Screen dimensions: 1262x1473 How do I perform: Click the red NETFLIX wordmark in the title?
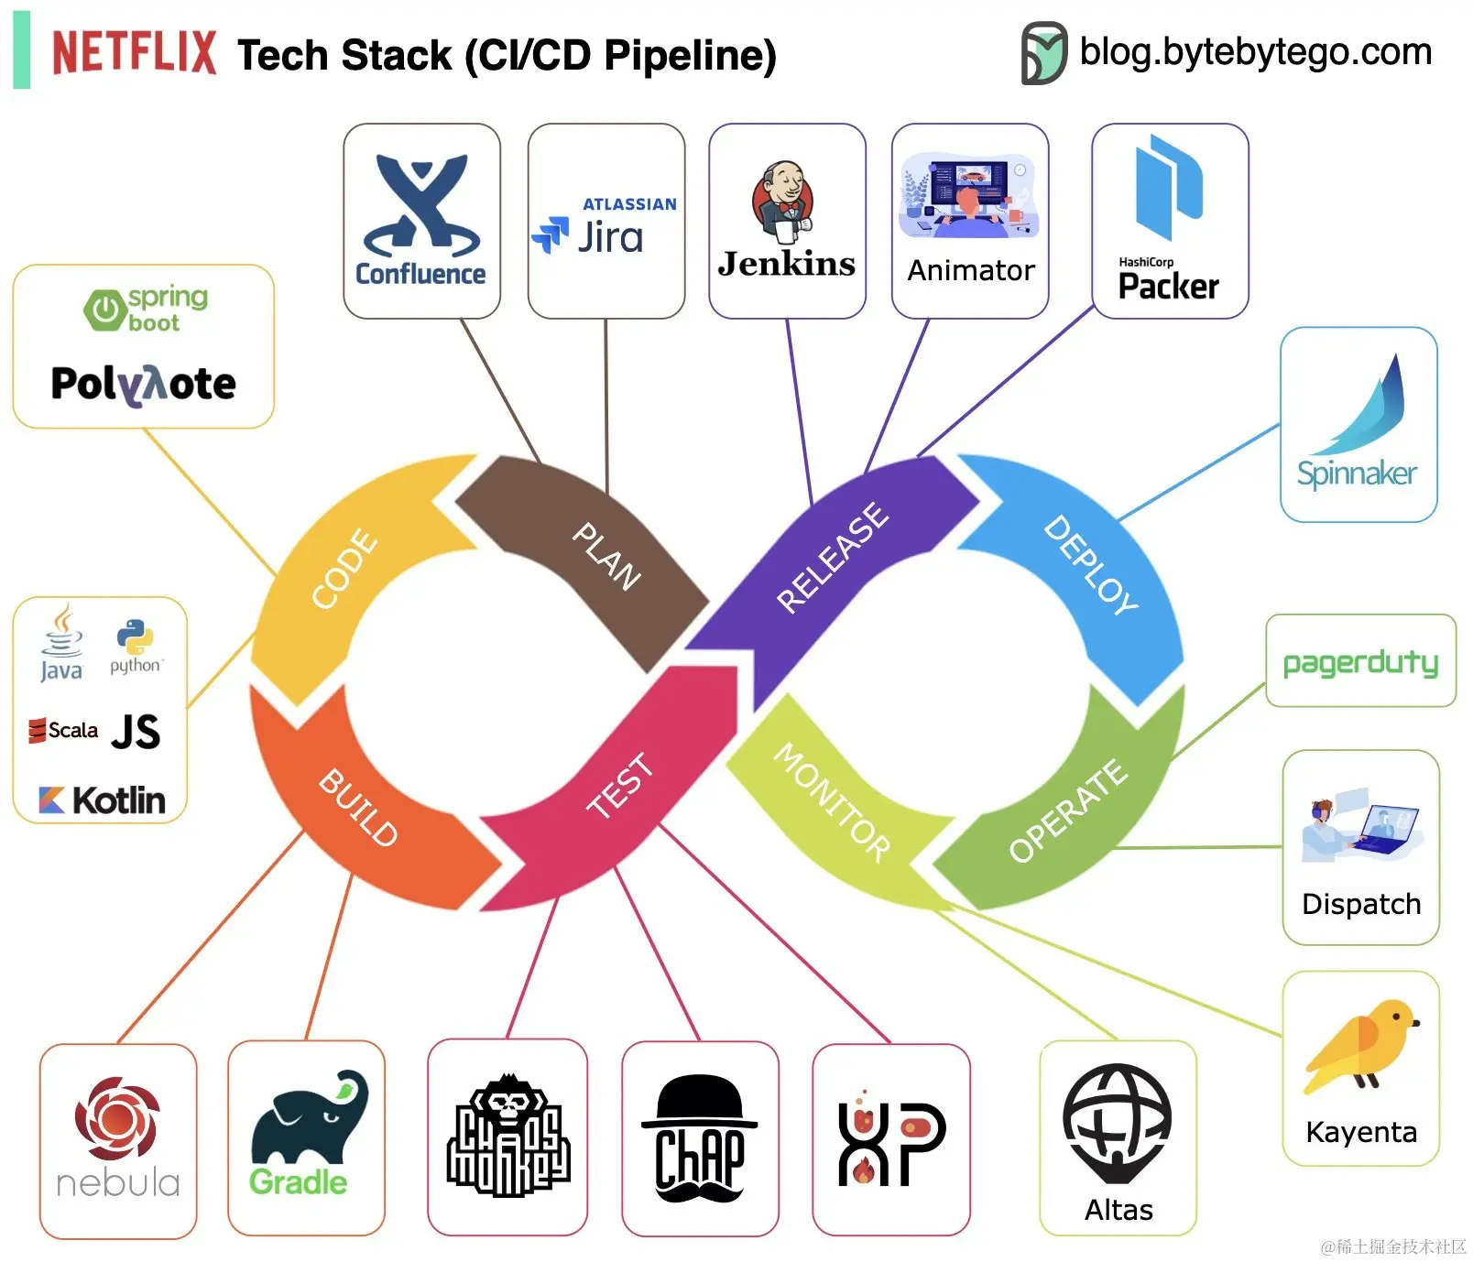(134, 52)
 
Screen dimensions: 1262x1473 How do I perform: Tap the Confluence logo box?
(421, 221)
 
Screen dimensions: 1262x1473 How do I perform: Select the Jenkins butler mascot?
(783, 199)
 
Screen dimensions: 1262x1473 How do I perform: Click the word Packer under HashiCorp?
(1168, 287)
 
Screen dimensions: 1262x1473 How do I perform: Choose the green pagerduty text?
(1360, 662)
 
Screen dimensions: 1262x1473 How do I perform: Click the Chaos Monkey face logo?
(507, 1136)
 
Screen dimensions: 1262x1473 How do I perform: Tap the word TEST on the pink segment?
(620, 785)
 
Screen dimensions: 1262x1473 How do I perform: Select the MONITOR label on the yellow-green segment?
(832, 802)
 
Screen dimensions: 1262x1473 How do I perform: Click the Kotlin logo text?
(103, 800)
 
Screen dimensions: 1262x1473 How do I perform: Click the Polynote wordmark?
(143, 384)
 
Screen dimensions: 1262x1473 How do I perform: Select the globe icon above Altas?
(1117, 1123)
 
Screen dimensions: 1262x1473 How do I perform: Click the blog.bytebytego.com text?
(1255, 51)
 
